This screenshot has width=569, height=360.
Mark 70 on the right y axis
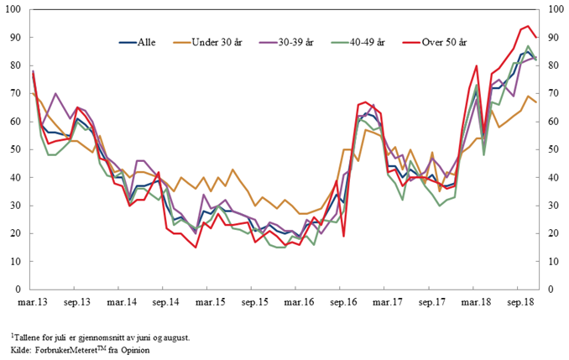coord(551,93)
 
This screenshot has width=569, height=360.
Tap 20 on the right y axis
coord(551,233)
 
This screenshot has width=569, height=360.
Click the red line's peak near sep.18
coord(528,26)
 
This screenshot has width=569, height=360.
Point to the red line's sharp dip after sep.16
coord(343,236)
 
